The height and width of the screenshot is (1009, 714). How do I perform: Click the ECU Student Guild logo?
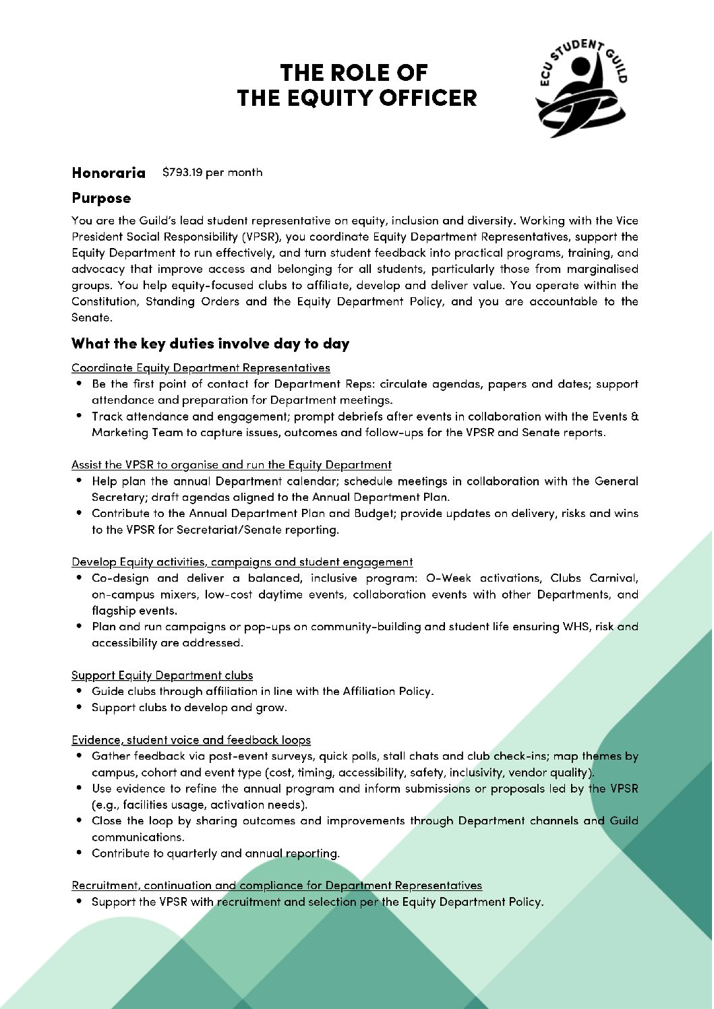click(x=581, y=88)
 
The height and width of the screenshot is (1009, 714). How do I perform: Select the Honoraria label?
click(x=109, y=173)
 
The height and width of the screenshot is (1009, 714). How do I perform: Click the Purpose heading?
click(x=101, y=198)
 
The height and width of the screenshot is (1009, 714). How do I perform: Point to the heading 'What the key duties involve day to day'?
click(x=210, y=344)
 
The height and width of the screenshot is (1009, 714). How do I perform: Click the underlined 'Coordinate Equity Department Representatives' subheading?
click(x=200, y=368)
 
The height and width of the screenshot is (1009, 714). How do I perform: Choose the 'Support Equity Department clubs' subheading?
click(x=162, y=675)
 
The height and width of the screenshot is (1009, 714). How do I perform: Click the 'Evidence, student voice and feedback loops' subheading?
click(x=191, y=740)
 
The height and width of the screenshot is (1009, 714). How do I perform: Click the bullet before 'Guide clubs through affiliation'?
click(x=80, y=691)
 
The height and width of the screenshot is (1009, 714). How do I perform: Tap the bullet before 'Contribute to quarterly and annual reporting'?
click(x=80, y=853)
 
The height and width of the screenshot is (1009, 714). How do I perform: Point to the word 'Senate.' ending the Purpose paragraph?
click(x=92, y=317)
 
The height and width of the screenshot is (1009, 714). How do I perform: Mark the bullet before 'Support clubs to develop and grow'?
click(x=80, y=707)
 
